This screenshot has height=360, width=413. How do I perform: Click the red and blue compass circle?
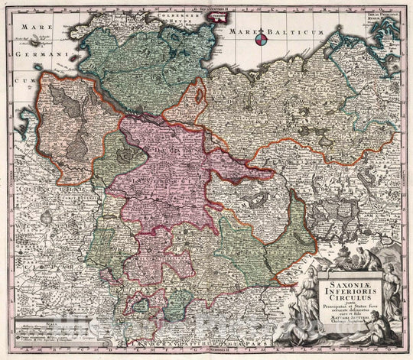(x=262, y=37)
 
